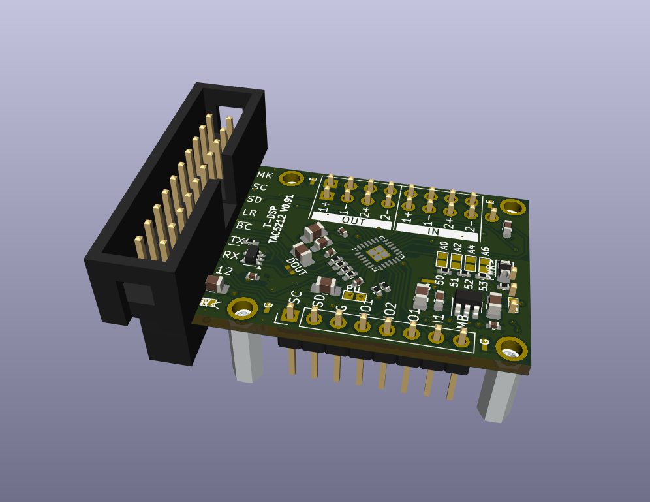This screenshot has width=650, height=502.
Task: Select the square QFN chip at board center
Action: [377, 253]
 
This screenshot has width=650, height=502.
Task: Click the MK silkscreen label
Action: [264, 175]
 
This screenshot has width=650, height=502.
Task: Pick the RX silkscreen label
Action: [231, 255]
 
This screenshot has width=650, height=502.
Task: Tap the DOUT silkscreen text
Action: [297, 266]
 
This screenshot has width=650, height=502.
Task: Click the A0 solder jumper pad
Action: [443, 260]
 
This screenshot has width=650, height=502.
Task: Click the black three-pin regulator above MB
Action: [468, 302]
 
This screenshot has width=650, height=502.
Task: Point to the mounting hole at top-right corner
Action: [513, 208]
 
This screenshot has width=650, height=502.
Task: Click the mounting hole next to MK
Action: [291, 178]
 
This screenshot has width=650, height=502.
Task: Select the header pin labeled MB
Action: [462, 338]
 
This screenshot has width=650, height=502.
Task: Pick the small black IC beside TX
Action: [252, 257]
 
